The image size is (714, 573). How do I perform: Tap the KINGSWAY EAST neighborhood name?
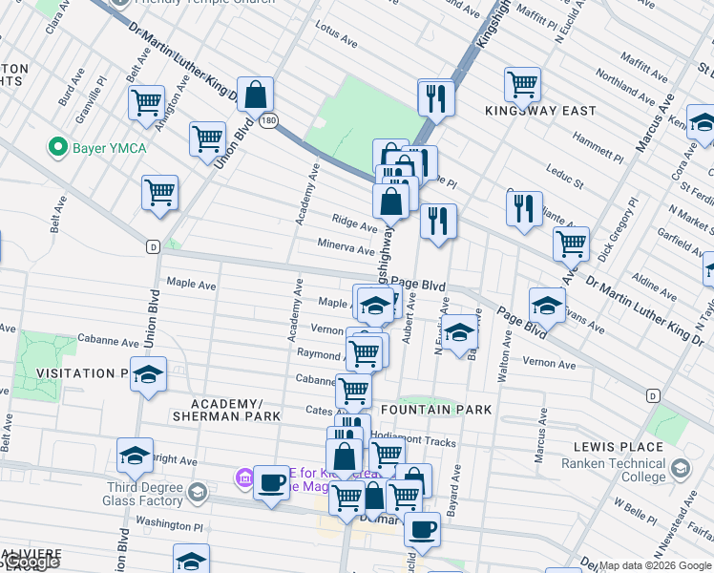point(539,111)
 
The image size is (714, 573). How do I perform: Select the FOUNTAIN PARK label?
point(435,410)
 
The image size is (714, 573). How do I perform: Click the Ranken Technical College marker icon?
point(679,469)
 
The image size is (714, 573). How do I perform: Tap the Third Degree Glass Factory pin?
point(198,493)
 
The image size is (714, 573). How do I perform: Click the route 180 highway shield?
point(270,121)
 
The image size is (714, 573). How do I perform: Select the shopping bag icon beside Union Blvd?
point(256,95)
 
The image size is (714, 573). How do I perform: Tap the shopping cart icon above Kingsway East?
point(522,83)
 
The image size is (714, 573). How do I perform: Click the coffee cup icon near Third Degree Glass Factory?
point(271,482)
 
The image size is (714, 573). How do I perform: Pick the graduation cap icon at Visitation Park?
point(148,374)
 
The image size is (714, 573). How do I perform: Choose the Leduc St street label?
point(564,176)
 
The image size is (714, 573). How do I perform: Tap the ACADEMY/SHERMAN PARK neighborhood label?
point(226,410)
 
